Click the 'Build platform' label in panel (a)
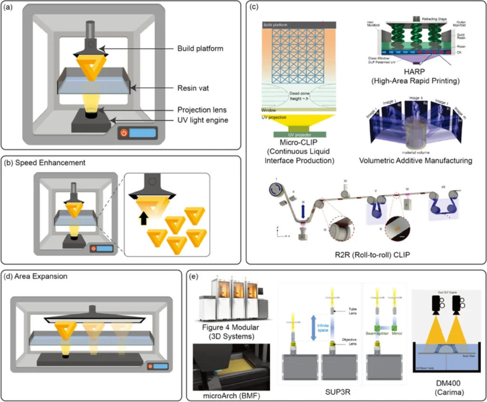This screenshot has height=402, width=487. pyautogui.click(x=200, y=48)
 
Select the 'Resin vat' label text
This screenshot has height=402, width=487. pyautogui.click(x=195, y=87)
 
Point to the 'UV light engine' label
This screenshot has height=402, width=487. pyautogui.click(x=203, y=120)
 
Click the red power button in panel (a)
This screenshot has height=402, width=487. pyautogui.click(x=124, y=133)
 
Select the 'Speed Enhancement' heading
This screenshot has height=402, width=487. pyautogui.click(x=45, y=163)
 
